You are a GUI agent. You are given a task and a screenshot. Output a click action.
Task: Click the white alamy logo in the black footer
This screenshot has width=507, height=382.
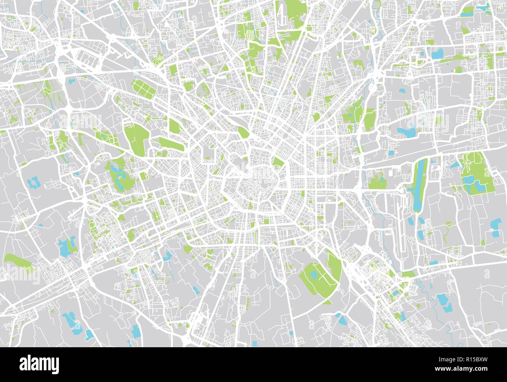coord(39,364)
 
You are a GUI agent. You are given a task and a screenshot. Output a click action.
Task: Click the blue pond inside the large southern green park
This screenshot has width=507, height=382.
coord(314,275)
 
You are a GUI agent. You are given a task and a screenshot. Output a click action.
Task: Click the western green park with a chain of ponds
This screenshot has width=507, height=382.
coord(119,176)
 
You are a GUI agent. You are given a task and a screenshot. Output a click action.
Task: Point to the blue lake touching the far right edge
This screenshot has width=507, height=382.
coord(495,227)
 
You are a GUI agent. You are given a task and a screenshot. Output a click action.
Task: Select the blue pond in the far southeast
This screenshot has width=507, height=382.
coord(443,301)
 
